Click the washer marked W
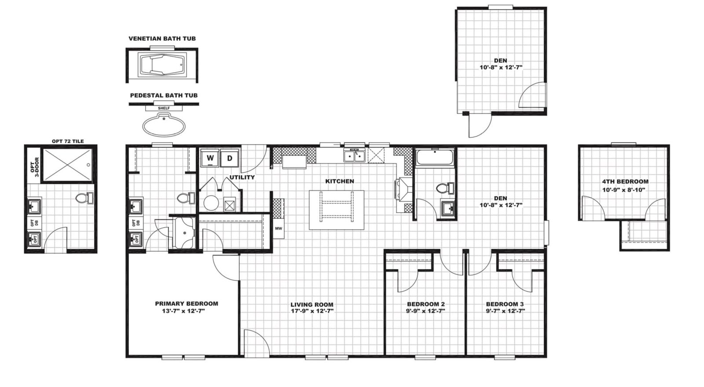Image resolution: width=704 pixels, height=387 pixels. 210,158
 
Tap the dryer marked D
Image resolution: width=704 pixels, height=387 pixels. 229,158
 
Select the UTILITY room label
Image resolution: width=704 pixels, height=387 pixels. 242,177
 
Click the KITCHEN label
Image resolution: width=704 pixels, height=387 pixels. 339,181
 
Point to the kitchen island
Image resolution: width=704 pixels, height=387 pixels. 337,210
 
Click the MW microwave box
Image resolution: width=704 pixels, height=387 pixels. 279,229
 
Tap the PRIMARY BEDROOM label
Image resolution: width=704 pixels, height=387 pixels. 187,304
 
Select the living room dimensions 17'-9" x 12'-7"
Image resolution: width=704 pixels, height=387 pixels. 312,311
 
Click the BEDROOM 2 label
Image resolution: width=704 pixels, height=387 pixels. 426,304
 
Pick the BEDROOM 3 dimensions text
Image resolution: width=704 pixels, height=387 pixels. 505,311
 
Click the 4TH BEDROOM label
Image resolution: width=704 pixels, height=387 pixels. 625,181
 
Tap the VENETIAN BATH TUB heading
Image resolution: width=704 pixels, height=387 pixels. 162,39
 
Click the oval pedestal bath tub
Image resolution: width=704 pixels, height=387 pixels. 164,126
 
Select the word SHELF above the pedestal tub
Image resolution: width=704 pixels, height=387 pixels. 164,108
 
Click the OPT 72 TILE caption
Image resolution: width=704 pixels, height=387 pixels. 68,141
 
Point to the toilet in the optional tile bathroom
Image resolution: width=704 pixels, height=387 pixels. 84,199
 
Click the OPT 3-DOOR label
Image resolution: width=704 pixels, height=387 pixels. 35,167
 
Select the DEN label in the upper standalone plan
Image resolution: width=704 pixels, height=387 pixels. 500,61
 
